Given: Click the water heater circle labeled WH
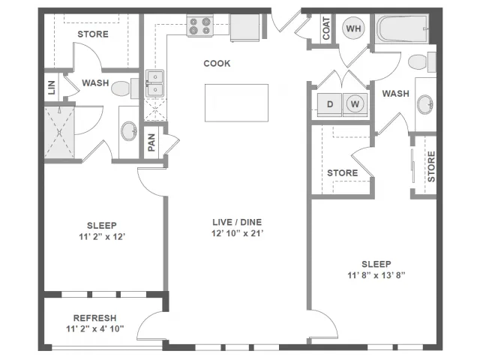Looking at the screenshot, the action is point(353,28).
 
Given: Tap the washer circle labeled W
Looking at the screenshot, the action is point(355,104).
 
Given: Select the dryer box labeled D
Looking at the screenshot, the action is point(329,105).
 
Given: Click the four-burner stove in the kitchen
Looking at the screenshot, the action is point(200,26).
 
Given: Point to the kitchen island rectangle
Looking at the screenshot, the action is point(237,103).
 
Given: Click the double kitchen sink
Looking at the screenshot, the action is point(155,83).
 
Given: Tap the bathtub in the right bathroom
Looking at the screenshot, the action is point(402,29).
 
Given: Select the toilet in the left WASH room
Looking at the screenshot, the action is point(124,88).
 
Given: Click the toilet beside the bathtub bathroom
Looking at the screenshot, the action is point(421,61).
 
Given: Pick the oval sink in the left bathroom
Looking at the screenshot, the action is point(129,131).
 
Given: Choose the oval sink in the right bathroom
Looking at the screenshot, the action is point(425,104).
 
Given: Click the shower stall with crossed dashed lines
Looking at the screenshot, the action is point(59,132).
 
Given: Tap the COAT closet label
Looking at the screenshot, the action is point(326,28).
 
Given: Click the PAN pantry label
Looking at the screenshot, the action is point(151,142).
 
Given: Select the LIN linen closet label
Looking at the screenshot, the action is point(52,87).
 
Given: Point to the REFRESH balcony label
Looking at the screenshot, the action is point(95,318).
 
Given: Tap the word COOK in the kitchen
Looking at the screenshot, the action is point(217,63).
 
